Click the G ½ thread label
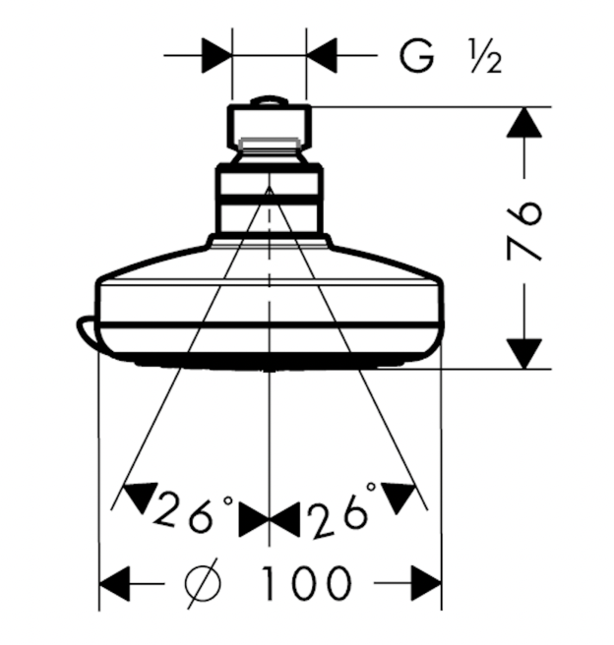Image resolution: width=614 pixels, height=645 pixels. pos(451,58)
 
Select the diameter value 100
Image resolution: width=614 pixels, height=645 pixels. pos(306,583)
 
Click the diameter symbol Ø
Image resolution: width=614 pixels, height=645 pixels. pos(204,583)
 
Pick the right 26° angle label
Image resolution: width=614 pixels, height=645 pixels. pos(341,512)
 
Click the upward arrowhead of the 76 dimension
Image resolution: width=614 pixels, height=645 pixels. pos(524,122)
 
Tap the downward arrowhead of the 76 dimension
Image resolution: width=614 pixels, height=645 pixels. pos(524,352)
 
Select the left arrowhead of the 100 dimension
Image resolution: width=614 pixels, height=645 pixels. pos(117,583)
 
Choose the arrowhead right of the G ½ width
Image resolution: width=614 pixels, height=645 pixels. pos(322,55)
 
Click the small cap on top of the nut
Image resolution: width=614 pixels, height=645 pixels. pos(269,100)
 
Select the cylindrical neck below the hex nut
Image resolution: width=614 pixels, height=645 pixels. pos(269,202)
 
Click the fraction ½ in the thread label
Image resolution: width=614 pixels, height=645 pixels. pos(484,59)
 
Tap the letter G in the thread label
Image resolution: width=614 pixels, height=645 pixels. pos(417,58)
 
